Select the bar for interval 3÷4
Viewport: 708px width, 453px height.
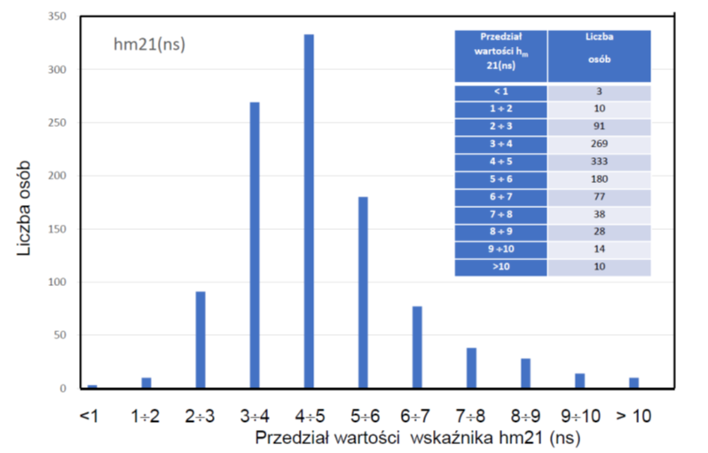point(255,245)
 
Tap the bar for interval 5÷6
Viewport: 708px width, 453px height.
point(363,292)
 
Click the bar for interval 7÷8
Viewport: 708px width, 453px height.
point(471,368)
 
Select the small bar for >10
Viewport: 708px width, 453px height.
point(633,383)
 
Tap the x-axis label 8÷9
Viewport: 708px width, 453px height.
point(525,415)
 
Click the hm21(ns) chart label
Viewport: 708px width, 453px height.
point(150,44)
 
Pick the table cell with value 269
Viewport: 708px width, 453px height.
point(599,142)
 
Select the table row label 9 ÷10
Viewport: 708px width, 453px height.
point(500,250)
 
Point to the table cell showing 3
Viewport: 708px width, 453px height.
point(599,91)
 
